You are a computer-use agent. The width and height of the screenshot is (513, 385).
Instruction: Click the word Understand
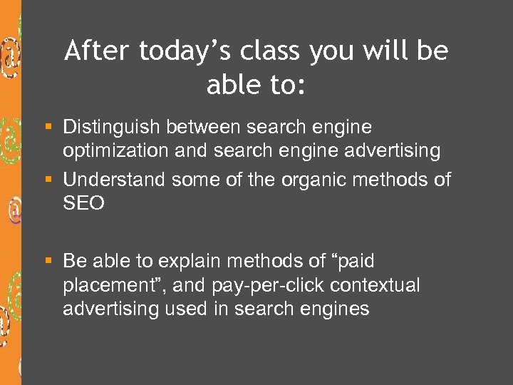pos(114,180)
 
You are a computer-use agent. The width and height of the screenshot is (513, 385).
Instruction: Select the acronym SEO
pos(83,204)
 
